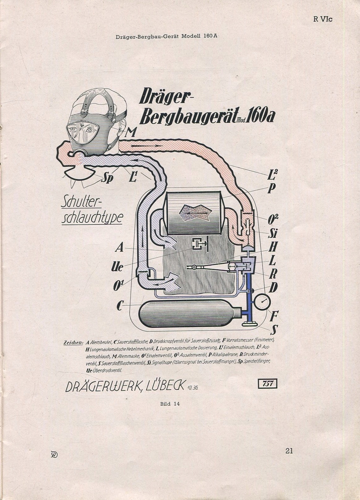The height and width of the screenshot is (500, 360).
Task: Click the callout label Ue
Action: point(117,267)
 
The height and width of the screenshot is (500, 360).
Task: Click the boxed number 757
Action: point(267,384)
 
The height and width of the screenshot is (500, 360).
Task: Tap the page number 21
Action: point(289,451)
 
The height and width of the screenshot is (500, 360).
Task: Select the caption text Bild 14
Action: point(169,404)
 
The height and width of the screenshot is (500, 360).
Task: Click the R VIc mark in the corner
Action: point(323,19)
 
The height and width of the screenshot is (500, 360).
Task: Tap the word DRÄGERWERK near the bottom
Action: point(102,387)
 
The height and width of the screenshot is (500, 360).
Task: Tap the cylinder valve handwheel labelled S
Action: point(250,324)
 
